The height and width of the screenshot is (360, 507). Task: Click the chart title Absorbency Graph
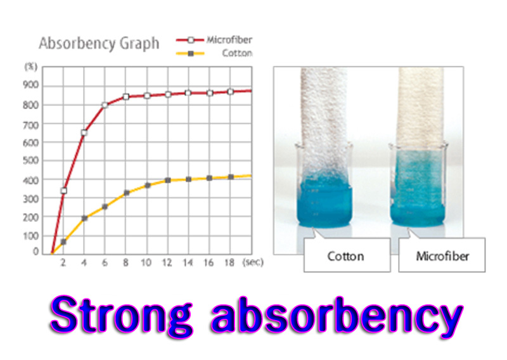click(99, 44)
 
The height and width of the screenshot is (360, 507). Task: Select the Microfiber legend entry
click(214, 40)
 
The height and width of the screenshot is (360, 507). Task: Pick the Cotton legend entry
click(214, 53)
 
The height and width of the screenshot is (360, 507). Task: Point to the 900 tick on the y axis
click(30, 85)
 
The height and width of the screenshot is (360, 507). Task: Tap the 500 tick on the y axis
click(30, 161)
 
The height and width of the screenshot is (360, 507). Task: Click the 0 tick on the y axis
click(35, 252)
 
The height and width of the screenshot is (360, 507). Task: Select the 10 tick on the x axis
click(146, 262)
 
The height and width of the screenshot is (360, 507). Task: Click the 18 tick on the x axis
click(229, 262)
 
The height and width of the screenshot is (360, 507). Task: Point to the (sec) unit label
click(253, 262)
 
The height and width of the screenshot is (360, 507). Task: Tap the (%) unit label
click(31, 67)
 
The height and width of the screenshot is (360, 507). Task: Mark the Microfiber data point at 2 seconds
click(64, 191)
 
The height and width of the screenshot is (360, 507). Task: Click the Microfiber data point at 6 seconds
click(105, 105)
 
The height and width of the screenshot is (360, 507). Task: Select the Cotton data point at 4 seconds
click(84, 218)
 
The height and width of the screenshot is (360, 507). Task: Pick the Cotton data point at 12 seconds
click(168, 180)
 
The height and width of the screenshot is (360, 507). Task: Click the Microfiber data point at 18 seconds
click(231, 92)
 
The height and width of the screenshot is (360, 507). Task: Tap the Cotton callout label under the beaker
click(345, 257)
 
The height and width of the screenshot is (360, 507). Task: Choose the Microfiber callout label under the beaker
click(442, 257)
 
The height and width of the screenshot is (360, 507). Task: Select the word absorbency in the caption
click(337, 316)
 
